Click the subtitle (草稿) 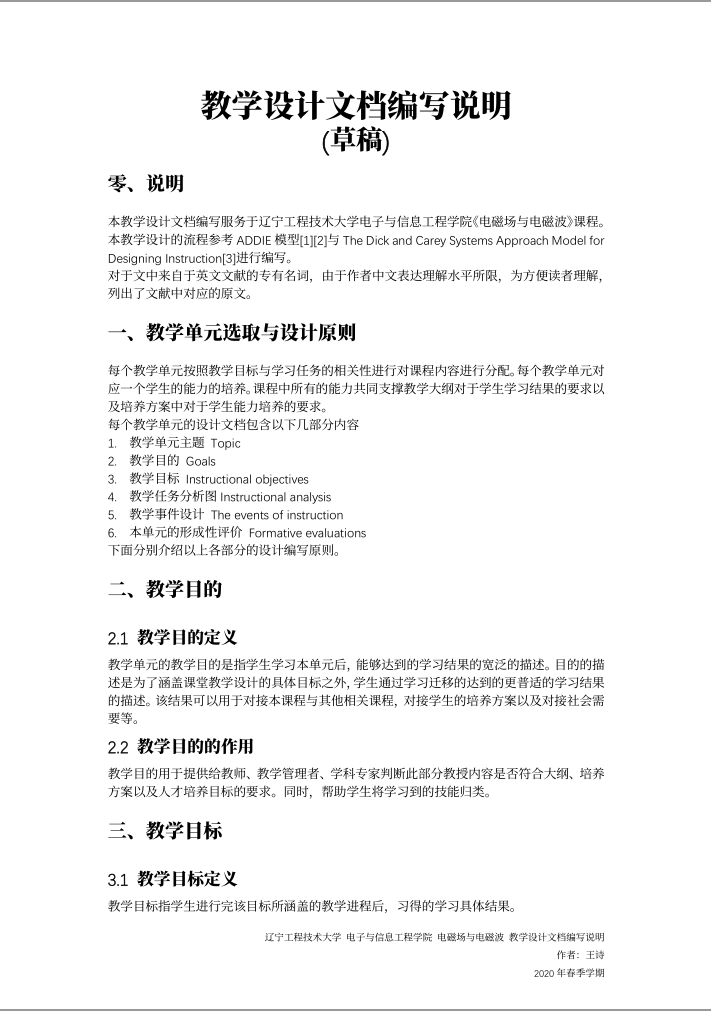(355, 141)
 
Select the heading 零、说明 (145, 184)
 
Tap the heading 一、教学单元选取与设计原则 (231, 331)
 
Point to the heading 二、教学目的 (165, 589)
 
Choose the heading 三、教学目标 (165, 830)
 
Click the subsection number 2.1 (118, 637)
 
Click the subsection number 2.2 (118, 746)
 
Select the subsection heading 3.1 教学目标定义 (172, 880)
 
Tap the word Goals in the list (200, 461)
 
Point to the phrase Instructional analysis (275, 497)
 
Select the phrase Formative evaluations (307, 533)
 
